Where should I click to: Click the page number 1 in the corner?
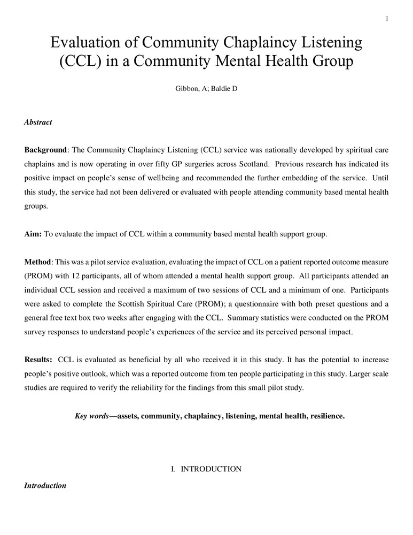point(386,19)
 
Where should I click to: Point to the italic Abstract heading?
point(38,122)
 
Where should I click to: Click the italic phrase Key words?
point(91,416)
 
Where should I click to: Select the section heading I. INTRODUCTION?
point(206,469)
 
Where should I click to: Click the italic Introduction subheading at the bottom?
point(45,486)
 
